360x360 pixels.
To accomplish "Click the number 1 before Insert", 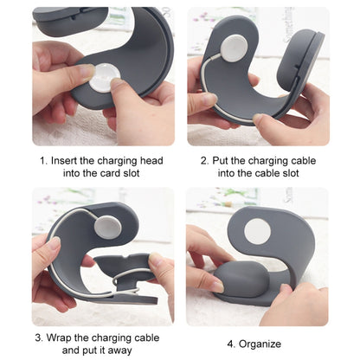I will tap(42, 160).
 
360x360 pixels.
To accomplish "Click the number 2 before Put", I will tap(203, 160).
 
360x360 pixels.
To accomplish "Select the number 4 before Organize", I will tap(230, 343).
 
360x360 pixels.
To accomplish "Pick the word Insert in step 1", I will tap(66, 160).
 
